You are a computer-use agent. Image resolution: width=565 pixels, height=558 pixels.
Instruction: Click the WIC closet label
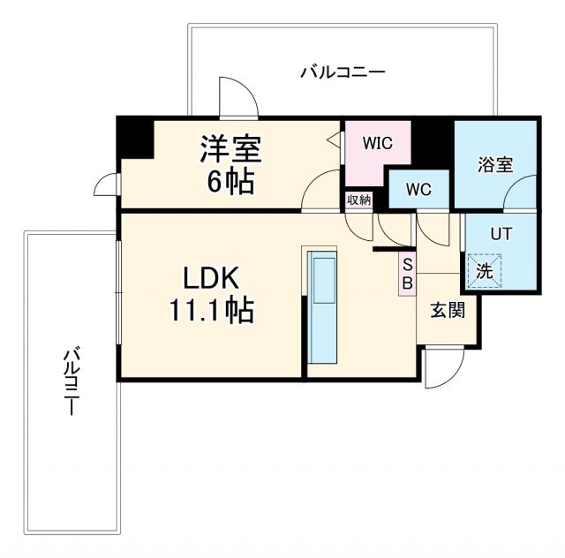[376, 142]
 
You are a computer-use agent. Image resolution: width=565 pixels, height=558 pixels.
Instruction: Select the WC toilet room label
[418, 188]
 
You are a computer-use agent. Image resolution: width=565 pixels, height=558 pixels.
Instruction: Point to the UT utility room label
[500, 234]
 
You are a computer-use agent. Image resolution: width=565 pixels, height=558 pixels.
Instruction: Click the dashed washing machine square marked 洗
[485, 271]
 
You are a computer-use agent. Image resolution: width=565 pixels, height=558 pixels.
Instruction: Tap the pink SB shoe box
[407, 274]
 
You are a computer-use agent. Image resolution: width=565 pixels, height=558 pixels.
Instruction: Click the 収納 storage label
[358, 200]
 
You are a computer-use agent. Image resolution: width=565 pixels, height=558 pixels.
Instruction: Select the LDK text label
[211, 277]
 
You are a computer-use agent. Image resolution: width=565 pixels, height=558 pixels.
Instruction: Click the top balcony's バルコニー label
[342, 72]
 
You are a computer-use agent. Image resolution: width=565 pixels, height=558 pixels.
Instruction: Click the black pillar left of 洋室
[135, 137]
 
